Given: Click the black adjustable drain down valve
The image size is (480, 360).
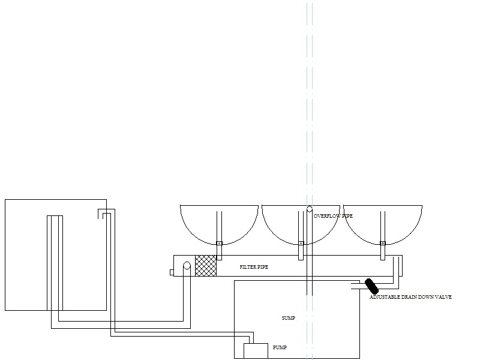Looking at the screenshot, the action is [368, 286].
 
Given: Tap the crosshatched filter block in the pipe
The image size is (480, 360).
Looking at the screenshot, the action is [206, 266].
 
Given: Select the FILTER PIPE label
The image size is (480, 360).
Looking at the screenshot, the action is [254, 266].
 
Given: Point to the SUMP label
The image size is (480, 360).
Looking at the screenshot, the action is [289, 317].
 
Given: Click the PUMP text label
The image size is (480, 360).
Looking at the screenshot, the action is [280, 347].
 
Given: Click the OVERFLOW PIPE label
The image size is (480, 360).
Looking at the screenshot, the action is [333, 215].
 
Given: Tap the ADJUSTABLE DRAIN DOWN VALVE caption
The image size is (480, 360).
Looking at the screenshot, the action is [410, 297].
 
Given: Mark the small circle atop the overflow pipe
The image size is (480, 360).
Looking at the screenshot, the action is [309, 209].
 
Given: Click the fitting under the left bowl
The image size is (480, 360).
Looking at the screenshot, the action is [220, 243].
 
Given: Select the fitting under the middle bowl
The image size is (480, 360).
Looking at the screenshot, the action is [301, 243].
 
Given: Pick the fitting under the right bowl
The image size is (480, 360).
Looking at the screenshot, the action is [382, 243].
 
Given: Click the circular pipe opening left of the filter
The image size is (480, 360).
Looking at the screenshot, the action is [187, 266].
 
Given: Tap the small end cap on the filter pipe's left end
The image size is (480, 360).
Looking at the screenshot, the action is [172, 272].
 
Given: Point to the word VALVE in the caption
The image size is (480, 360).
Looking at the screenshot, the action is [443, 297].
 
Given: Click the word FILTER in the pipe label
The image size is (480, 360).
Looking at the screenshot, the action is [247, 266].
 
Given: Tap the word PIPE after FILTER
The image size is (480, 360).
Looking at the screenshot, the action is [263, 266].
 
